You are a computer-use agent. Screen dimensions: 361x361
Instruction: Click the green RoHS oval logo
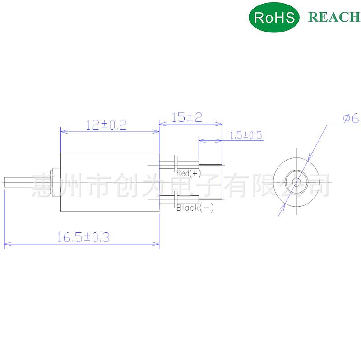(x=274, y=17)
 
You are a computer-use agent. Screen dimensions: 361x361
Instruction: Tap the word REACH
(x=334, y=17)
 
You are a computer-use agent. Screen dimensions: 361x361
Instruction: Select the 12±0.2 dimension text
(x=106, y=125)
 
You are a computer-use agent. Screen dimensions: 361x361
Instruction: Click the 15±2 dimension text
(x=187, y=117)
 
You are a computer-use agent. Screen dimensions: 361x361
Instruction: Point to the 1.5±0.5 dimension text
(x=246, y=135)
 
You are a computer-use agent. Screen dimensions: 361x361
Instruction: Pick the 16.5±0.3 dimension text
(x=83, y=237)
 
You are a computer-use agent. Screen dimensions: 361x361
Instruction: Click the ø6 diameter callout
(x=351, y=118)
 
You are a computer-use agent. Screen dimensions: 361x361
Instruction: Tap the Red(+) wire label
(x=188, y=173)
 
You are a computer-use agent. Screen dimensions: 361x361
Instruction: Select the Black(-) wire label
(x=195, y=208)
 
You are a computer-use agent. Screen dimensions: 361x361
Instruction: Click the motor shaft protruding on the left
(x=27, y=182)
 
